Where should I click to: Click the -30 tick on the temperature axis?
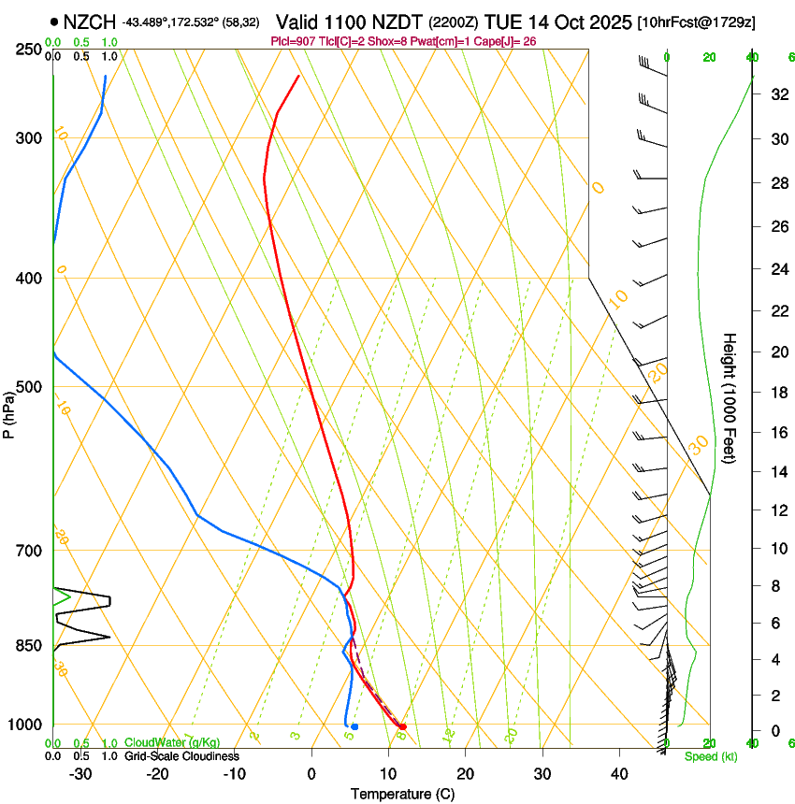pos(80,774)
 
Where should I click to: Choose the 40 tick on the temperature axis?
pos(619,774)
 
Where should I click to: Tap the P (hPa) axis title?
pos(9,411)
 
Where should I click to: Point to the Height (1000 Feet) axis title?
pos(730,398)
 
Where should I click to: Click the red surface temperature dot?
pos(402,726)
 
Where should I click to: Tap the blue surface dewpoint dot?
pos(354,726)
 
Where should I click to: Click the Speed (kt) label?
pos(710,756)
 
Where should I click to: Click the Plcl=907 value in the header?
pos(291,41)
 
